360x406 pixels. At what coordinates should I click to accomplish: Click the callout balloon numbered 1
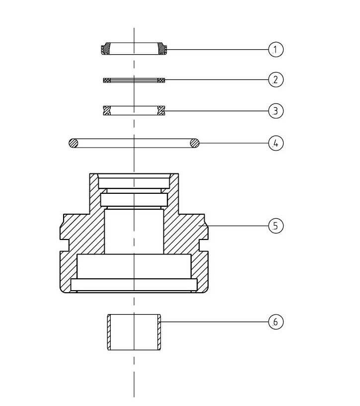[276, 50]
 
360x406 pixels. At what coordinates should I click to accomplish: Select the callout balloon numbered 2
[276, 80]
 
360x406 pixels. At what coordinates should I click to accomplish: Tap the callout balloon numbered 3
[276, 111]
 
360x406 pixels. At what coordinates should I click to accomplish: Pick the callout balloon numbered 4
[276, 143]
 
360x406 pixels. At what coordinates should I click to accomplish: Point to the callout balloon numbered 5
[276, 226]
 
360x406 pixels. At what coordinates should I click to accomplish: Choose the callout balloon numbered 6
[276, 322]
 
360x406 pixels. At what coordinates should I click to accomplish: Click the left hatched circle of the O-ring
[73, 143]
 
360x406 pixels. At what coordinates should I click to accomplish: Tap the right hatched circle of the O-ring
[195, 143]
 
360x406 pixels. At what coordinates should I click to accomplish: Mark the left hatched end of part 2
[107, 81]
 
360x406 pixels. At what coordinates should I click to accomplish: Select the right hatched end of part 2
[161, 81]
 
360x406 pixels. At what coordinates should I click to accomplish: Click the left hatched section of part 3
[107, 110]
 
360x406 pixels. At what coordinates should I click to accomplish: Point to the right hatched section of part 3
[161, 110]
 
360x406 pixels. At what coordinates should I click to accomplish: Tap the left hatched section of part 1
[106, 48]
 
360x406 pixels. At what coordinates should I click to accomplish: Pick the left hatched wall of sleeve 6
[109, 332]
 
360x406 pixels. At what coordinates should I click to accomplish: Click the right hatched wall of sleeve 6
[159, 332]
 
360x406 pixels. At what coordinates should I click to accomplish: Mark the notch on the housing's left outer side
[65, 245]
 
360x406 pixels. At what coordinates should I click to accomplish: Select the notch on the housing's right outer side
[204, 245]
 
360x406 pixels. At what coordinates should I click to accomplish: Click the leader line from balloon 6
[215, 322]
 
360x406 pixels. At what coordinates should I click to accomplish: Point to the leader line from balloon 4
[234, 143]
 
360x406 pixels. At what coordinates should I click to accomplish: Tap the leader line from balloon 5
[233, 226]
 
